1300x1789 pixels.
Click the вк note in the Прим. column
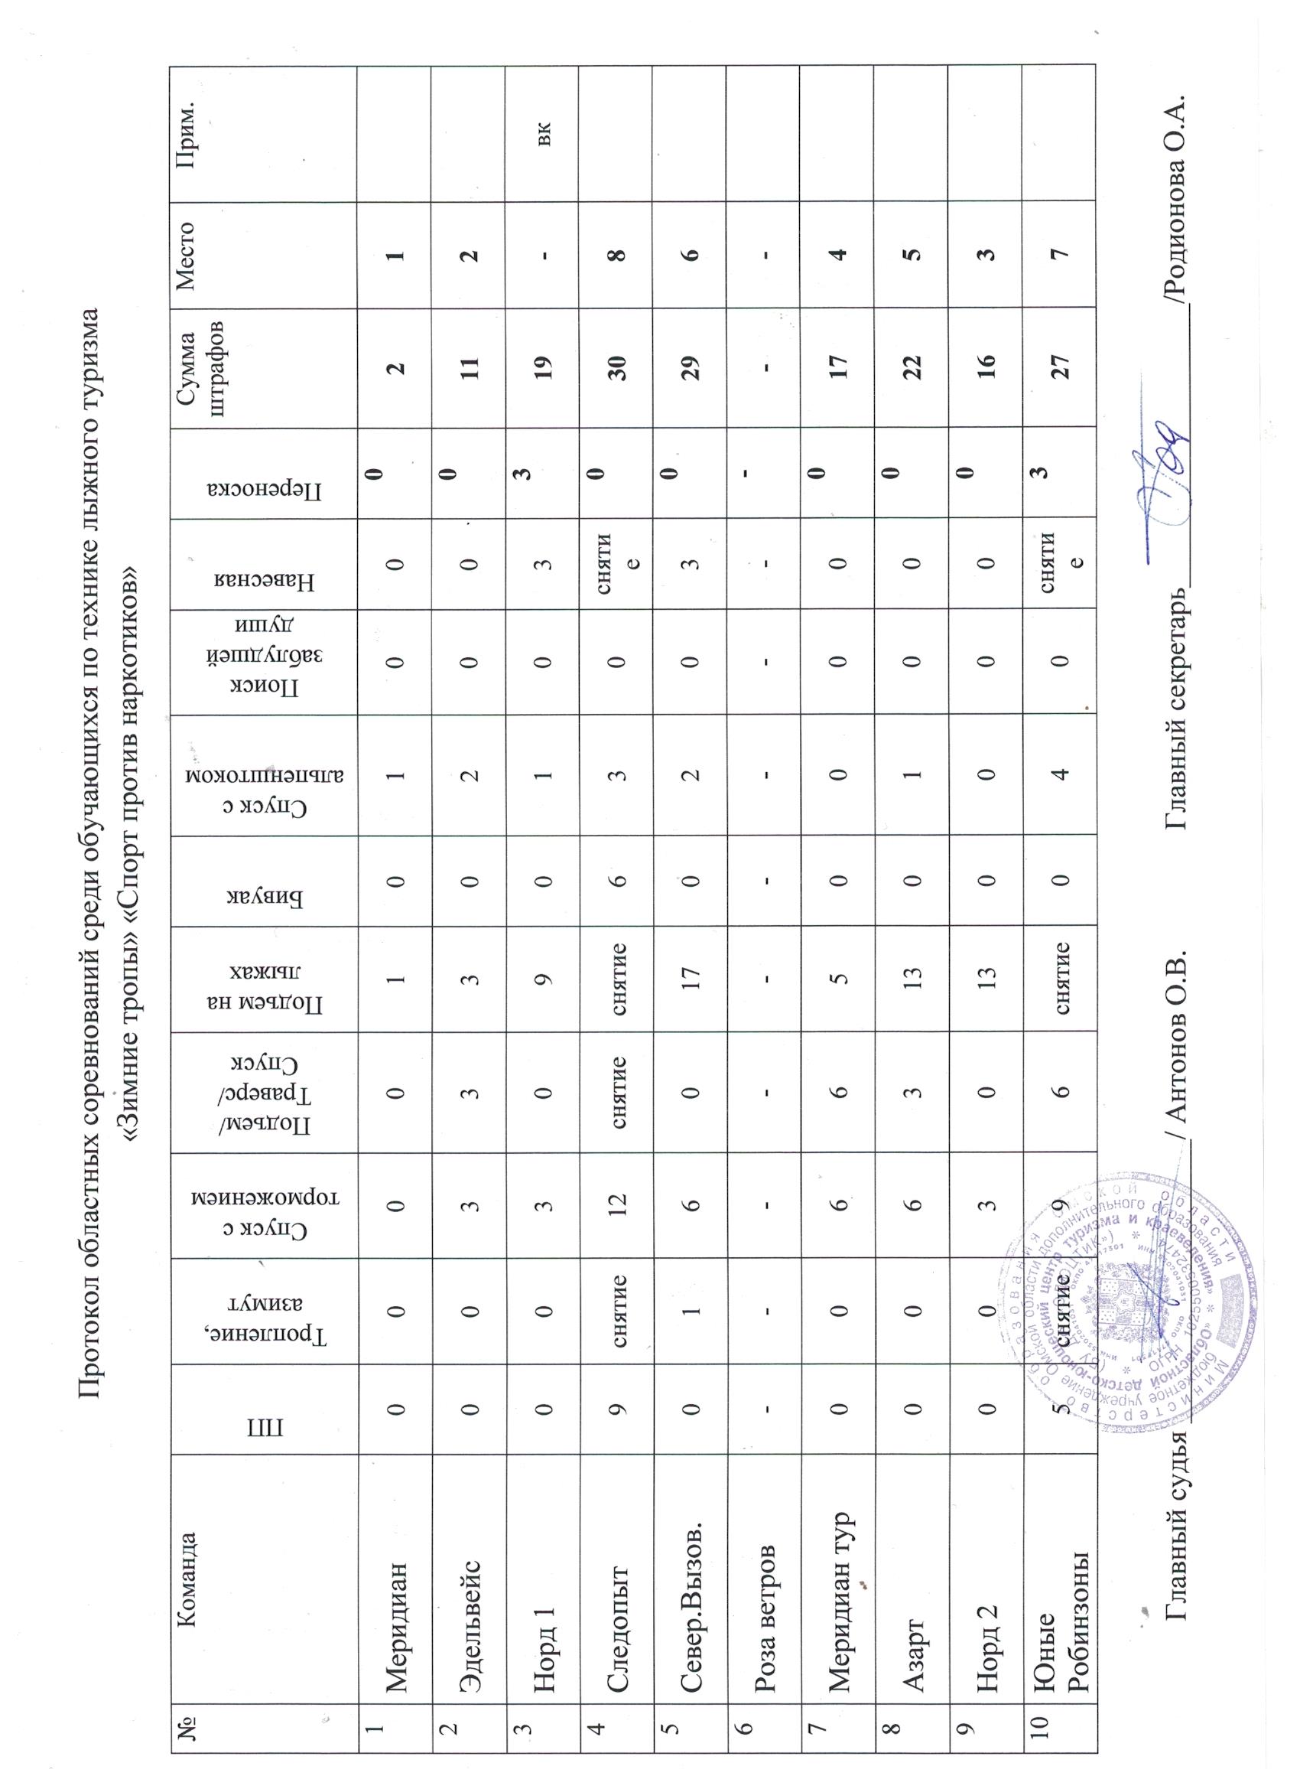(544, 132)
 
